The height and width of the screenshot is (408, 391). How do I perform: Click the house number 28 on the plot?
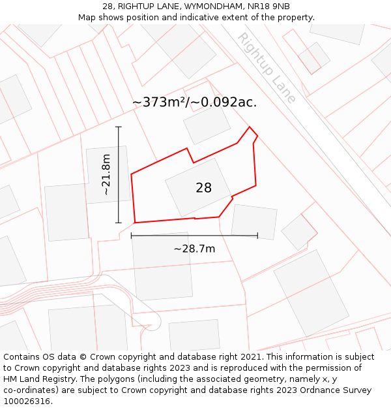[203, 188]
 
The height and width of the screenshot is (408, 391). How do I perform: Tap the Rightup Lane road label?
[266, 68]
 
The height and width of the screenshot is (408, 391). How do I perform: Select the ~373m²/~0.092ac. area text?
[194, 102]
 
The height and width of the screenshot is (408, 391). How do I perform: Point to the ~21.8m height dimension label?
[106, 174]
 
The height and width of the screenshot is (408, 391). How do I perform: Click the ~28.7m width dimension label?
[194, 249]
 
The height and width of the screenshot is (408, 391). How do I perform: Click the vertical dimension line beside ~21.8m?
[119, 174]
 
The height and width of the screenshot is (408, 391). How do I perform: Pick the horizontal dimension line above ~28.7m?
[194, 236]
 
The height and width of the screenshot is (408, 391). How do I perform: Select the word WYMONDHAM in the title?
[205, 6]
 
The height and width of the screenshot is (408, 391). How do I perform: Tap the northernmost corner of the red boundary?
[250, 127]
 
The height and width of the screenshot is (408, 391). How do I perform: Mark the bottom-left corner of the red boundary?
[135, 223]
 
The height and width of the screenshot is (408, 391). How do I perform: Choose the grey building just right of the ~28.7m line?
[254, 222]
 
